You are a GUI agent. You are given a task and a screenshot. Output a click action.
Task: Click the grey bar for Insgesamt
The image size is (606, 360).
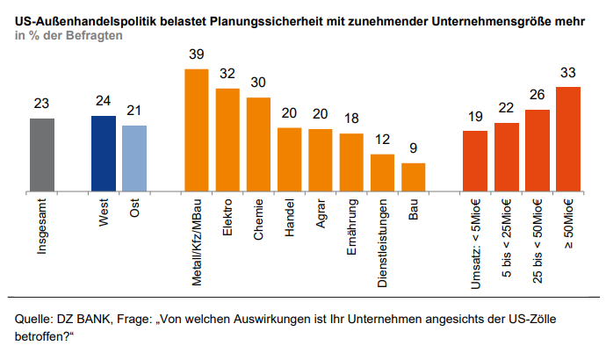point(41,155)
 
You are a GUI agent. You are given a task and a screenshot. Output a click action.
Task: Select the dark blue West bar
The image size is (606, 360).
point(103,153)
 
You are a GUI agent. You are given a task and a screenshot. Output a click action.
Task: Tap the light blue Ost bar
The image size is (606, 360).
point(134,158)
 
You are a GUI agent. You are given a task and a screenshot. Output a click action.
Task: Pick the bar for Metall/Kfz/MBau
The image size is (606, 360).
point(196,129)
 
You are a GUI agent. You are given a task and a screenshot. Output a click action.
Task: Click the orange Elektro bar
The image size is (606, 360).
point(227,140)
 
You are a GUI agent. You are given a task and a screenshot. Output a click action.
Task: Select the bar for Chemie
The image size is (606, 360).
point(258,144)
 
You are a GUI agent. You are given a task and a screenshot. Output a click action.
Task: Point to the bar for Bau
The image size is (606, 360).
point(414,176)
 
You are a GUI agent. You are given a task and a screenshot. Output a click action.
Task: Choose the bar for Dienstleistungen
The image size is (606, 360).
point(382,172)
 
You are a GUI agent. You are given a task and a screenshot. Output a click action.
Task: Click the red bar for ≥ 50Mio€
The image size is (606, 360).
point(568,139)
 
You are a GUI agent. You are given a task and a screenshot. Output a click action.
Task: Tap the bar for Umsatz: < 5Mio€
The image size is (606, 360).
point(475,161)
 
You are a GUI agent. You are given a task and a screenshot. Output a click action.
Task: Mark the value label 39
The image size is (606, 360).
point(196,54)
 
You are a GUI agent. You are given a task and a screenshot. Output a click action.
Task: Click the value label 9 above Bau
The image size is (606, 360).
point(414,149)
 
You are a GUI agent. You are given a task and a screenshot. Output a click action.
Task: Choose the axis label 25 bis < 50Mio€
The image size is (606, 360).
point(537,241)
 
